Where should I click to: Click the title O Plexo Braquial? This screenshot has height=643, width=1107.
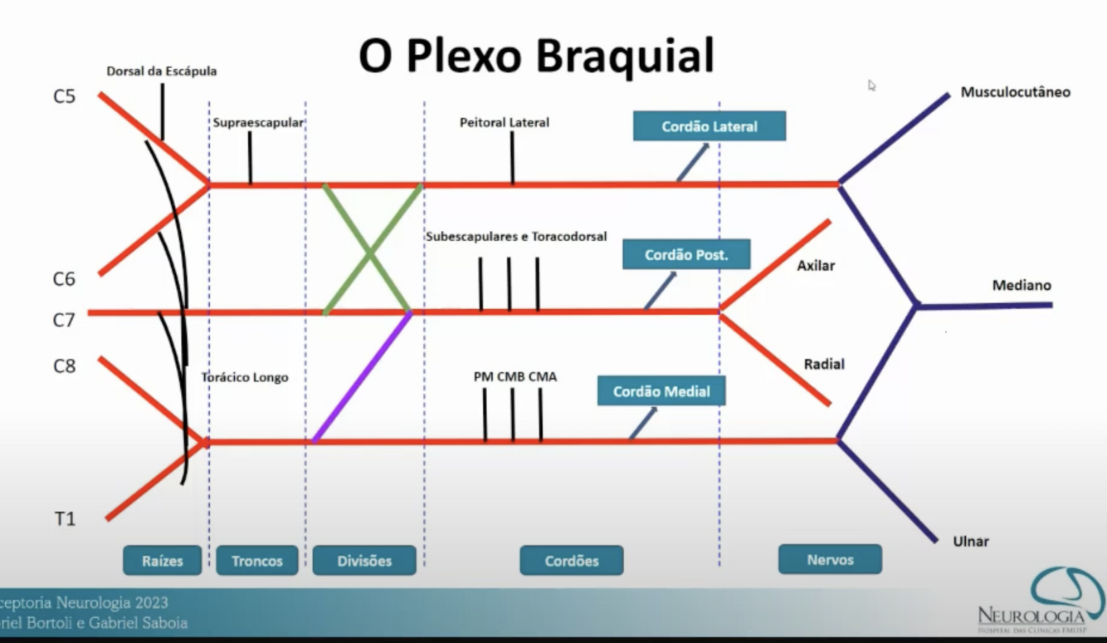pos(536,56)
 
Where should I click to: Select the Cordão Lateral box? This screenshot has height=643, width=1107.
pos(709,127)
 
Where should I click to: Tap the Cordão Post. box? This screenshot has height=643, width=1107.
pos(686,255)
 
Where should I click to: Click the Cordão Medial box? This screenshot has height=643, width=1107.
pos(661,391)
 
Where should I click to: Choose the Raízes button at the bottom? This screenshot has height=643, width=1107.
pos(163,561)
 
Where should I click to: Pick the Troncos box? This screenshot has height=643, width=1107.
pos(256,561)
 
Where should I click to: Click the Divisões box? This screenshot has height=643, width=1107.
pos(364,561)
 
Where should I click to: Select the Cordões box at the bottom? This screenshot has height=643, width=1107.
pos(572,561)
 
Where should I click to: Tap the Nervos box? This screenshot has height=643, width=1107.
pos(830,560)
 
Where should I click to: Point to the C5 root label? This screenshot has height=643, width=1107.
pos(64,96)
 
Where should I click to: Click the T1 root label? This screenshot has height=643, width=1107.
pos(65,519)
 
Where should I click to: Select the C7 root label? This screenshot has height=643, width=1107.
pos(64,320)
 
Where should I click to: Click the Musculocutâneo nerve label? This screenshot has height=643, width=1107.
pos(1015,92)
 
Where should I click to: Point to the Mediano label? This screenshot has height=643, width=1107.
pos(1022,286)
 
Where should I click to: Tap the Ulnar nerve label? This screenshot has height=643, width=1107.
pos(971,542)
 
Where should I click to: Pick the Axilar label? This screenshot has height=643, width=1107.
pos(816,267)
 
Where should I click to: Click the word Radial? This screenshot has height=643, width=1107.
pos(823,365)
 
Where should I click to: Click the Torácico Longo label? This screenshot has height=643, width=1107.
pos(245,377)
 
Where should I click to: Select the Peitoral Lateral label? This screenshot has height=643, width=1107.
pos(505,123)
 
